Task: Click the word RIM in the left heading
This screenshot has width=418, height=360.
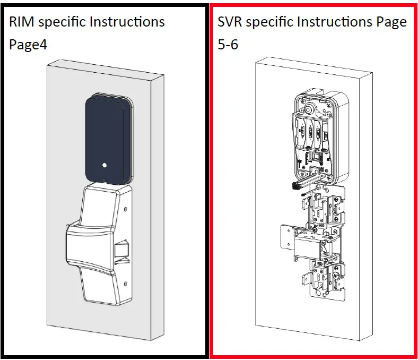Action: [x=22, y=22]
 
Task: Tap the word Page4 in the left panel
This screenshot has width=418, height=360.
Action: [x=28, y=45]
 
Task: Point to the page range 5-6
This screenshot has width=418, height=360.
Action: [x=228, y=45]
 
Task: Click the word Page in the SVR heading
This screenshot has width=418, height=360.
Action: [x=391, y=22]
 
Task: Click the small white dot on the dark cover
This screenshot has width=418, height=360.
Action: [x=105, y=165]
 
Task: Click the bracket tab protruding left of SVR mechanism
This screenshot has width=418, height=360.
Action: [x=286, y=233]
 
